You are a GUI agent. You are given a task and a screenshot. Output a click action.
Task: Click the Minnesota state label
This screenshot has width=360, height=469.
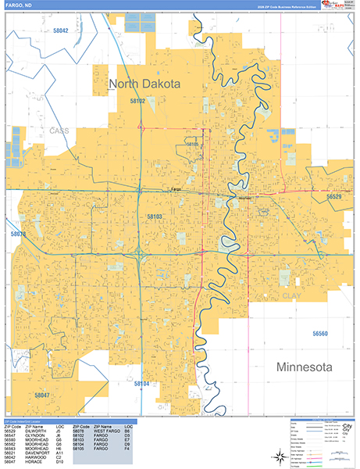click(x=304, y=367)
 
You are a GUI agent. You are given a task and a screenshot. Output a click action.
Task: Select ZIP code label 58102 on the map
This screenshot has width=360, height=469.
click(x=137, y=102)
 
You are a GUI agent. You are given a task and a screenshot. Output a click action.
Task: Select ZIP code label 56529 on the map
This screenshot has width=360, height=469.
click(x=334, y=197)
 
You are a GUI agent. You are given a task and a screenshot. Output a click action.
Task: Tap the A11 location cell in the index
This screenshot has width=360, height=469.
click(x=59, y=453)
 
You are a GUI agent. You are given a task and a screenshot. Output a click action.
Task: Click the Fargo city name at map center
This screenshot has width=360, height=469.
click(x=176, y=191)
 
